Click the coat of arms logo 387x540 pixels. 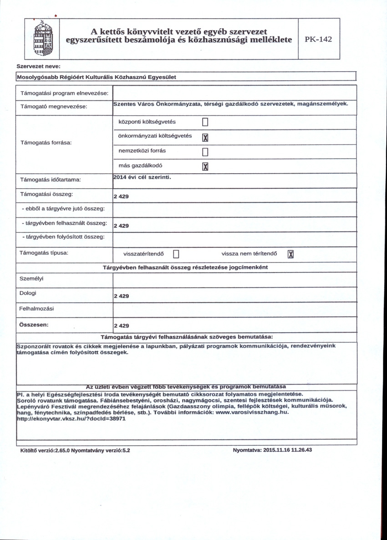(44, 39)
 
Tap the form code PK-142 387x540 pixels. (319, 39)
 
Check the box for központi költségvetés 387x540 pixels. (204, 122)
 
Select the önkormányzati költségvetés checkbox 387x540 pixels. (204, 138)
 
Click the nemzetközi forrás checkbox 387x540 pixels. (204, 152)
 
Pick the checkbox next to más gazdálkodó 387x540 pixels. (204, 167)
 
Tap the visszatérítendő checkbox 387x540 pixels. (177, 254)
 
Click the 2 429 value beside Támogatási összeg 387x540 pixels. (121, 196)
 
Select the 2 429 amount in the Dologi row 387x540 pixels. (121, 296)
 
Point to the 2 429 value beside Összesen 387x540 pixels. (121, 326)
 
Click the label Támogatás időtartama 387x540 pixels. (50, 180)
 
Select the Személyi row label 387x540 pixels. (28, 278)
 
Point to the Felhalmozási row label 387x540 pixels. (36, 309)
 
